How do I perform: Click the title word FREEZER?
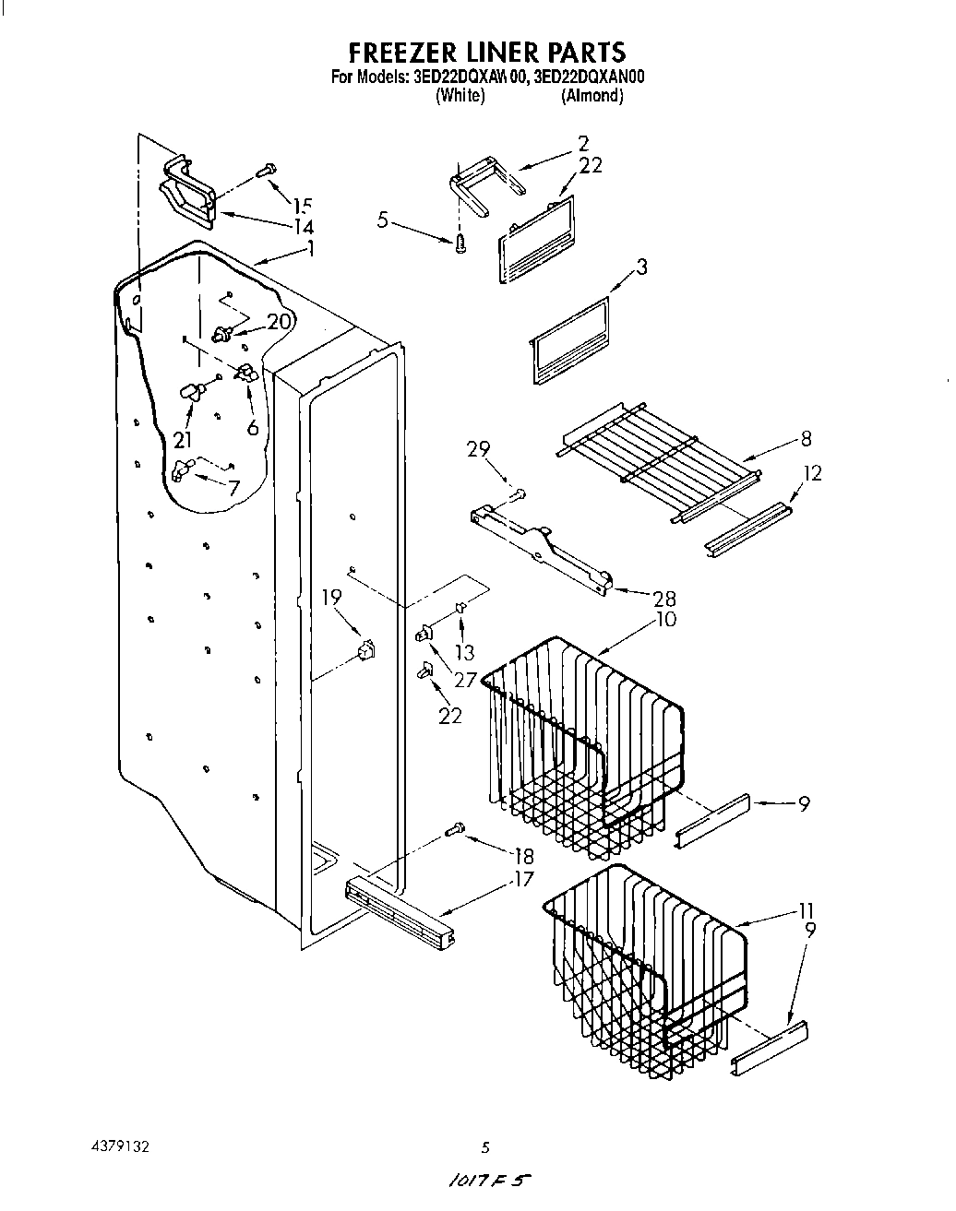(400, 52)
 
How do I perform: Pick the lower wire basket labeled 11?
(646, 968)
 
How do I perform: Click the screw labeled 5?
(460, 243)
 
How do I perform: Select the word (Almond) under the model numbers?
(592, 96)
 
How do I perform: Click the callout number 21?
(184, 441)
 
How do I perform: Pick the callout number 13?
(464, 652)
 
